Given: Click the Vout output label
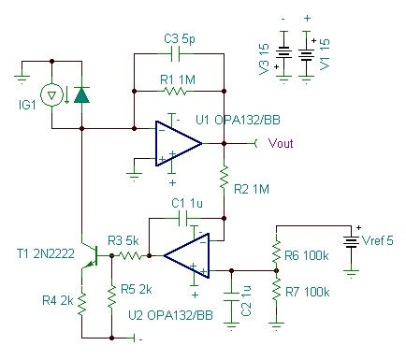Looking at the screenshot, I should (x=283, y=144).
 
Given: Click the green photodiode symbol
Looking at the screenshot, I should (x=82, y=94).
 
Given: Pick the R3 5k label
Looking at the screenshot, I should (x=125, y=239).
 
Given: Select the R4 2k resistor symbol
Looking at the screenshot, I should (x=81, y=302).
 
